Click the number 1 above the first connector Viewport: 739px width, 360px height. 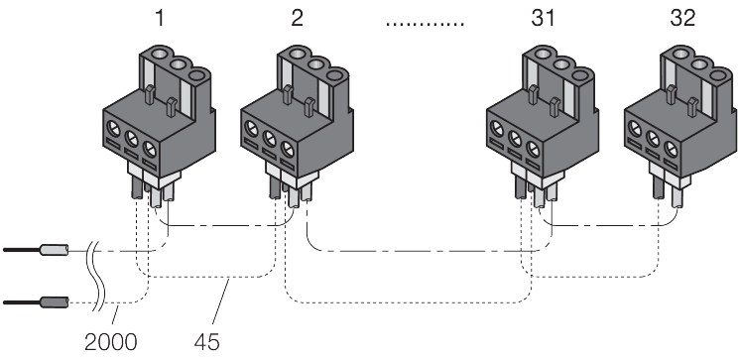tap(161, 20)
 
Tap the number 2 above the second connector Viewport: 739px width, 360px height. tap(297, 20)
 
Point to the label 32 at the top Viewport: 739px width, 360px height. tap(682, 20)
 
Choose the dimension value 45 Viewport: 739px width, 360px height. tap(206, 342)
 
